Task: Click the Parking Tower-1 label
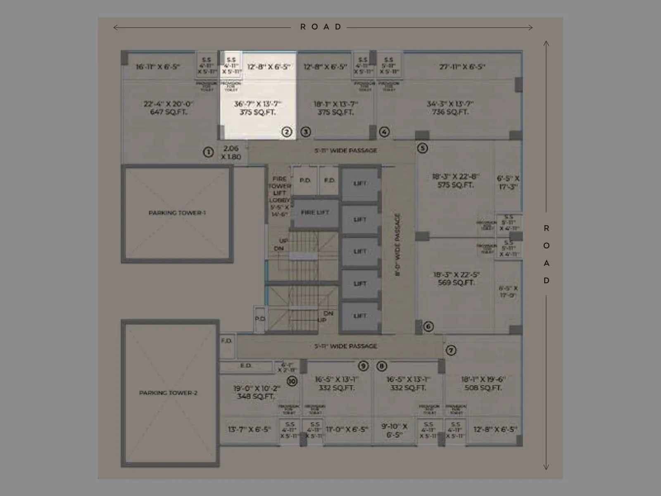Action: tap(177, 213)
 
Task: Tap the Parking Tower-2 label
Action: tap(168, 393)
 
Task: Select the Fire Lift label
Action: tap(315, 212)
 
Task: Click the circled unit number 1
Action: tap(208, 152)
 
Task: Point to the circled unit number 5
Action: tap(422, 148)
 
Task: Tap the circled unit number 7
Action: tap(451, 351)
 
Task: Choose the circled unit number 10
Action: tap(292, 381)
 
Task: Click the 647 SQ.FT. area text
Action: tap(168, 112)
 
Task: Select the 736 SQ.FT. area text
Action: tap(450, 112)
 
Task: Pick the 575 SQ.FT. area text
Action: tap(455, 185)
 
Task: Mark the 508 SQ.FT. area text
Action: tap(483, 388)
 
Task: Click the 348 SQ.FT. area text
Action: tap(256, 396)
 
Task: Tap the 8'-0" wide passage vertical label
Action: tap(397, 245)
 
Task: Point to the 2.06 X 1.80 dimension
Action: tap(231, 153)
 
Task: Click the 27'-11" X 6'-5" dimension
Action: tap(462, 67)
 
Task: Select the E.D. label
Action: tap(246, 366)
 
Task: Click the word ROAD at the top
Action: tap(321, 27)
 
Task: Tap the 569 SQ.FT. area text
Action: tap(456, 283)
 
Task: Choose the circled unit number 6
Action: tap(428, 327)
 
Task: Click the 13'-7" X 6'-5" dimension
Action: tap(249, 429)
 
